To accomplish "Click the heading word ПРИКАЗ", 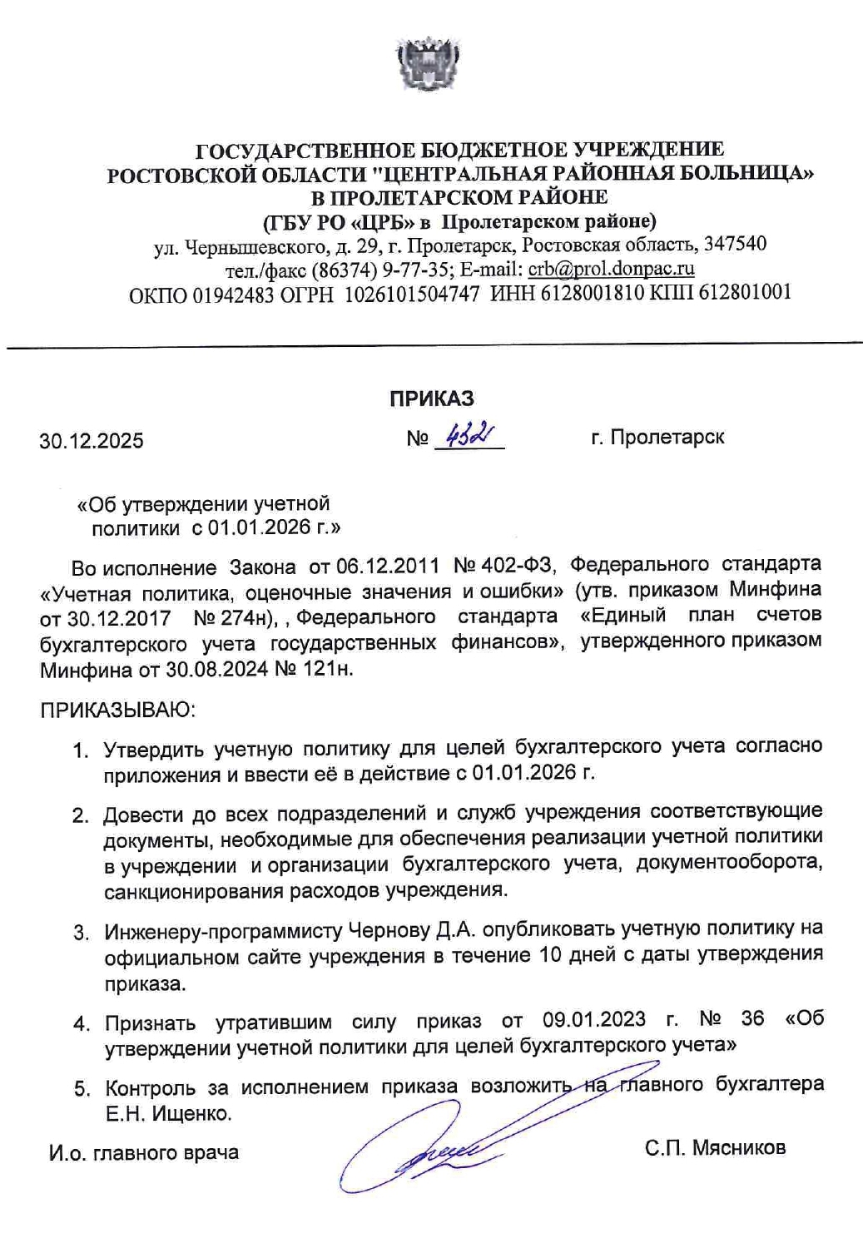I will [x=431, y=399].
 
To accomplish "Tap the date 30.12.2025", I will [x=92, y=440].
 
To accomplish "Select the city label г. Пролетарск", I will [x=657, y=437].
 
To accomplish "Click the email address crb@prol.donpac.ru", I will [x=611, y=269].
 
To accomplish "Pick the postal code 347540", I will [x=735, y=245].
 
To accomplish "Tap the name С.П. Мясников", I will [x=715, y=1148].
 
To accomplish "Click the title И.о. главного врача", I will [x=144, y=1152].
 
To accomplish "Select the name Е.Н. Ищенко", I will [x=167, y=1113].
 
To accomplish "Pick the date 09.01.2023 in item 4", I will [x=593, y=1019].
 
